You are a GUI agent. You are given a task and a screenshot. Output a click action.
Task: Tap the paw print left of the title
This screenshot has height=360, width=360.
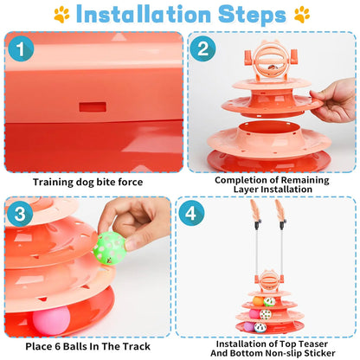(x=61, y=15)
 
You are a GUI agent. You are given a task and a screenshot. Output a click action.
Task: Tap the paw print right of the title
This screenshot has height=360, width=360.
(x=300, y=15)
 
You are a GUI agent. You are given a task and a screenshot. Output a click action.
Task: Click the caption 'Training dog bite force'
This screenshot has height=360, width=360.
(x=89, y=182)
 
